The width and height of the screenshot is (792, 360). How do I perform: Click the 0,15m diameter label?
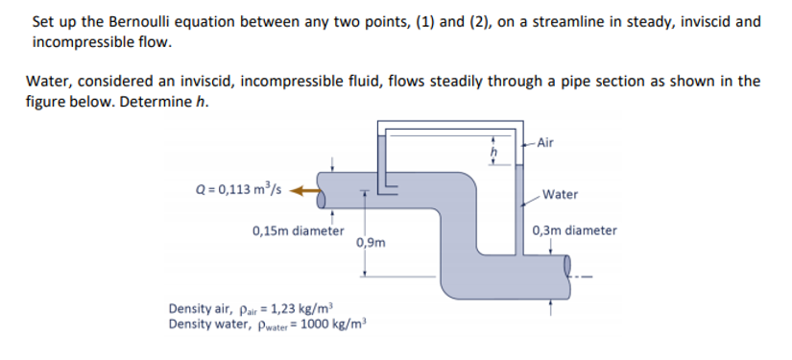click(x=298, y=230)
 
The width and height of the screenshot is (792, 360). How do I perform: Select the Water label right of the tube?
click(x=560, y=194)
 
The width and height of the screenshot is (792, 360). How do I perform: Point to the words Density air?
click(x=200, y=309)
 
